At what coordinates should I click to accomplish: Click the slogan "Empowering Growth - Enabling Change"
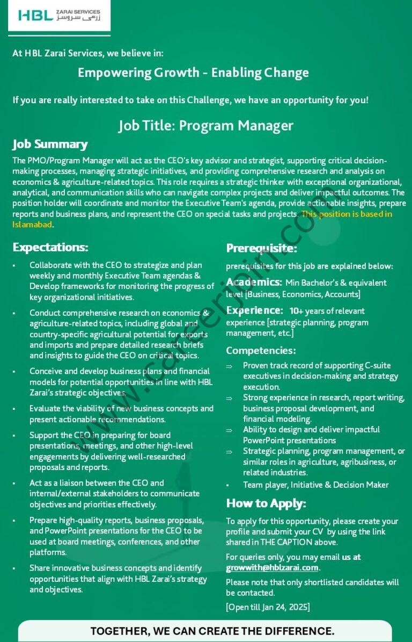(x=193, y=73)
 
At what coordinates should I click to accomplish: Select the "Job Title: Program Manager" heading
(x=206, y=125)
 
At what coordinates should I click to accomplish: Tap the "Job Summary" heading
(x=50, y=144)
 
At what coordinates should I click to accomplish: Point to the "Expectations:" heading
(x=50, y=247)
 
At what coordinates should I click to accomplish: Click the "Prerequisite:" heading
(x=261, y=248)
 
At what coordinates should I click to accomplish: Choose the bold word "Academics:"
(x=254, y=282)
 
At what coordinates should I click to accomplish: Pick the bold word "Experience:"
(x=254, y=310)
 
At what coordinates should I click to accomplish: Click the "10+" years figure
(x=297, y=311)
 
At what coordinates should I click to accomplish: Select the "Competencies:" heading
(x=261, y=350)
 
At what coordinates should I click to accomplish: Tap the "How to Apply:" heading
(x=266, y=503)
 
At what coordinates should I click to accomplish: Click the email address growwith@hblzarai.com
(x=273, y=567)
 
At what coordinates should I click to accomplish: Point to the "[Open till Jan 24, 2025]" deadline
(x=268, y=607)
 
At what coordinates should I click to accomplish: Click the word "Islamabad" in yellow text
(x=32, y=224)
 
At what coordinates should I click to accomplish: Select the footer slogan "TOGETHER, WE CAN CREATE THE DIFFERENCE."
(x=212, y=631)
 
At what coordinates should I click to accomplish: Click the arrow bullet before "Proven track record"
(x=229, y=366)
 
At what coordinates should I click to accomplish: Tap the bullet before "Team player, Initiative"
(x=229, y=485)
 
